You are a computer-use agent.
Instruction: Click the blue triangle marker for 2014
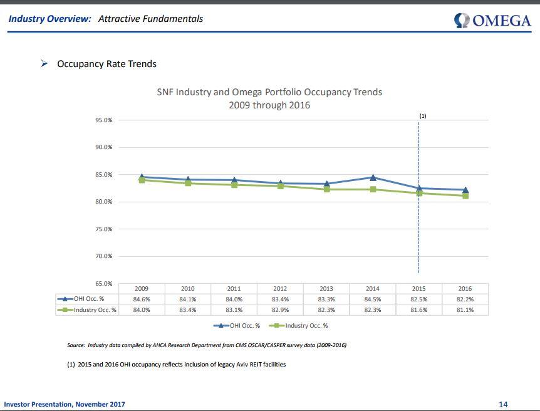point(373,178)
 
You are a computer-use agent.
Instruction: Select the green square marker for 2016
point(465,195)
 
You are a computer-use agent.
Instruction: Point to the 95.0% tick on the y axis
point(104,120)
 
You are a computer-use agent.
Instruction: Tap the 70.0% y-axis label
point(104,256)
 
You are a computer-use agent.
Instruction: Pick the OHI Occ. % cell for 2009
point(142,299)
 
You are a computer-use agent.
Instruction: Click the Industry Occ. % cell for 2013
point(326,310)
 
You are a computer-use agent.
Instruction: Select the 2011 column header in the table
point(234,289)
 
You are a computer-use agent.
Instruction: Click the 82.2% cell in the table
point(465,299)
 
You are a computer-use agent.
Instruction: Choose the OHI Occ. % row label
point(88,299)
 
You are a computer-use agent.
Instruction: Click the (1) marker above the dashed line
point(423,116)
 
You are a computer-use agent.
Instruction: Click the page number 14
point(503,404)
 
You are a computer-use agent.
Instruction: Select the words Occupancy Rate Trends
point(106,64)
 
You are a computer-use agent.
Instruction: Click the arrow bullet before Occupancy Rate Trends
point(44,64)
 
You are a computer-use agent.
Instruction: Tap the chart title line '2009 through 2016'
point(269,105)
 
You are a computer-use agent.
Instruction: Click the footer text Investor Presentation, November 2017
point(65,404)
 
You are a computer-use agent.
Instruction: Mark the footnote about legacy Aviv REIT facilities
point(176,365)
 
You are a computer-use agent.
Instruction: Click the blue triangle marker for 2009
point(142,177)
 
